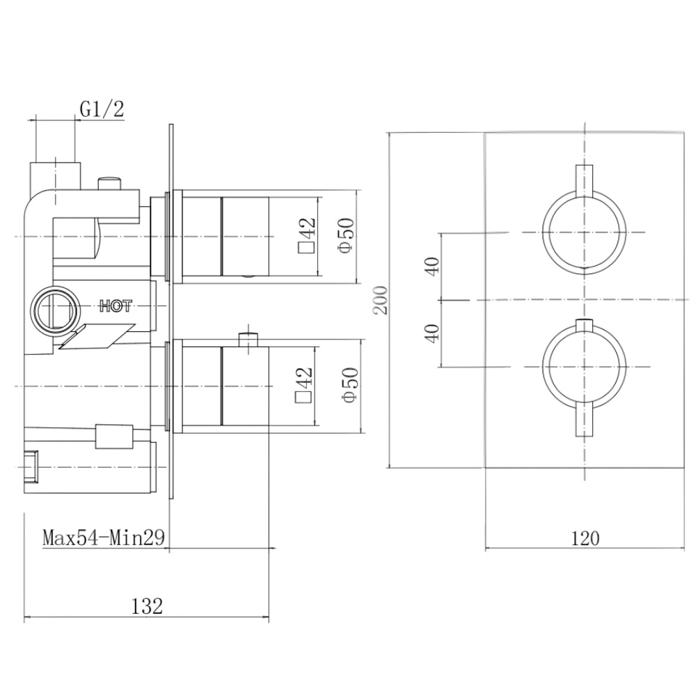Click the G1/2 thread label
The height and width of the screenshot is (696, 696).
click(102, 109)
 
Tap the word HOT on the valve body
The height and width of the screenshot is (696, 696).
click(116, 305)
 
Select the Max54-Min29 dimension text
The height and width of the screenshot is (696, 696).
click(103, 538)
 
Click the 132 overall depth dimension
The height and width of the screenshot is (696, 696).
click(146, 606)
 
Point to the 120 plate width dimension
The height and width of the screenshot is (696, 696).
click(585, 538)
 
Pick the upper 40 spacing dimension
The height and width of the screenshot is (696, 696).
click(433, 267)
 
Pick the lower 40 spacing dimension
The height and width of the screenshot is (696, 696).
click(433, 333)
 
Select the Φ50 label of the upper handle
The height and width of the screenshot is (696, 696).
click(348, 237)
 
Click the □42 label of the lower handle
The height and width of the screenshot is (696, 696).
click(304, 384)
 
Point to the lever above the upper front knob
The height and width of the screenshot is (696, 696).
click(584, 178)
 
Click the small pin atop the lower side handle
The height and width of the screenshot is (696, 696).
click(246, 340)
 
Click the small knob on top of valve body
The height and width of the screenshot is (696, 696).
click(109, 183)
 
